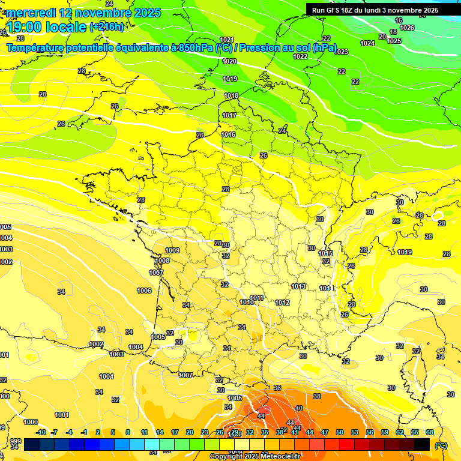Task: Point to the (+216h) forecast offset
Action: pos(106,27)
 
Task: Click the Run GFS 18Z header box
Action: pos(375,10)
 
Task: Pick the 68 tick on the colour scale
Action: pos(430,432)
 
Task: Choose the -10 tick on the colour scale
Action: pos(41,432)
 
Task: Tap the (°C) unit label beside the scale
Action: pos(441,445)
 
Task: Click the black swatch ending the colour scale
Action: pos(422,445)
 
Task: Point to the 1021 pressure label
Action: pos(227,40)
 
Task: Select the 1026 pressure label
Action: pos(407,28)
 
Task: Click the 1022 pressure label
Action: pos(300,56)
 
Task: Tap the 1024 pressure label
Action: pos(367,43)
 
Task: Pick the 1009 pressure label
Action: pos(172,250)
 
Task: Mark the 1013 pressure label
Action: pos(298,286)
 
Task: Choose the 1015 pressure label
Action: pos(326,254)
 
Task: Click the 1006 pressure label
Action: pos(144,291)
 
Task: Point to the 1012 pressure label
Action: pos(283,303)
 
